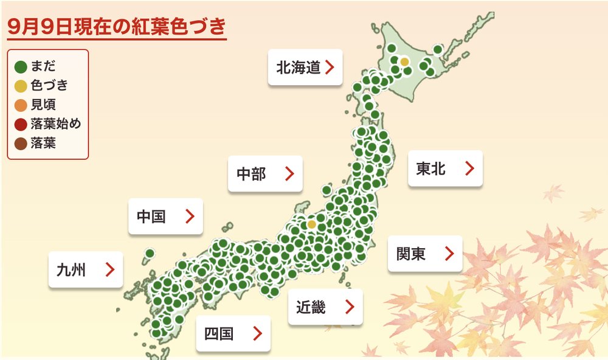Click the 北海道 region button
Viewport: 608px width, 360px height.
tap(305, 67)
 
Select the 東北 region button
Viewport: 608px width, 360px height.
tap(445, 168)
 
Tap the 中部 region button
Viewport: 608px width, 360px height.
tap(266, 174)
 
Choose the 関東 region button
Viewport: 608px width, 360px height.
tap(425, 254)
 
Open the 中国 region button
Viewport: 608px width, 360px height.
tap(165, 216)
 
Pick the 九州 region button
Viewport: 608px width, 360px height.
tap(86, 269)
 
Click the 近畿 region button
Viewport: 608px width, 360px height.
tap(325, 307)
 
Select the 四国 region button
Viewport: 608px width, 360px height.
tap(233, 333)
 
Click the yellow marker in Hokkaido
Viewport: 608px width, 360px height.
tap(404, 61)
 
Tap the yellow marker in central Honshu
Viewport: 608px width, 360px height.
tap(311, 224)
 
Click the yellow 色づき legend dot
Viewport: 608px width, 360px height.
tap(21, 85)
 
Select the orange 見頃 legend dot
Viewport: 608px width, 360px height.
tap(21, 105)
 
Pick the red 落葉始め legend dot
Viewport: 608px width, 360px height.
tap(21, 124)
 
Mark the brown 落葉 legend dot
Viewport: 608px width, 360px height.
tap(21, 144)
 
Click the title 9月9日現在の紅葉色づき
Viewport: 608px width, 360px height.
tap(116, 27)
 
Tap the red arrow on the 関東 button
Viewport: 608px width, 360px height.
tap(449, 254)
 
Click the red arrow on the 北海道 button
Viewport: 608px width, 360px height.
tap(330, 67)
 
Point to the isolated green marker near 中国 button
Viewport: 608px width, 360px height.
tap(150, 253)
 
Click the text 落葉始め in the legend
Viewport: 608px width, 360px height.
tap(55, 124)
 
